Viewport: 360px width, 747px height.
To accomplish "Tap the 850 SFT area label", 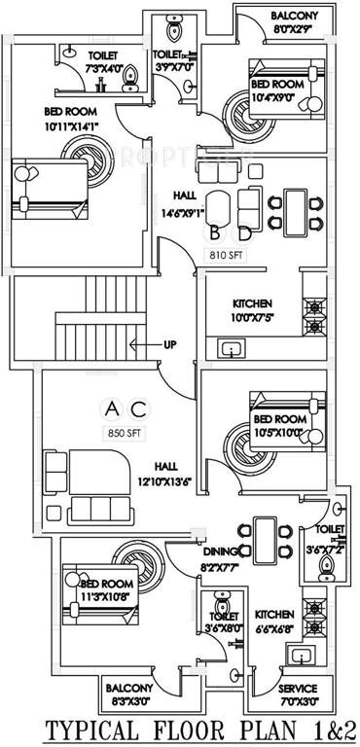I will click(x=127, y=433).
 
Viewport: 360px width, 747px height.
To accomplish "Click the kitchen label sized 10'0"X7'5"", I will click(x=252, y=316).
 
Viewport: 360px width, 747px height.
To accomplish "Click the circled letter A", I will click(x=112, y=408).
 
